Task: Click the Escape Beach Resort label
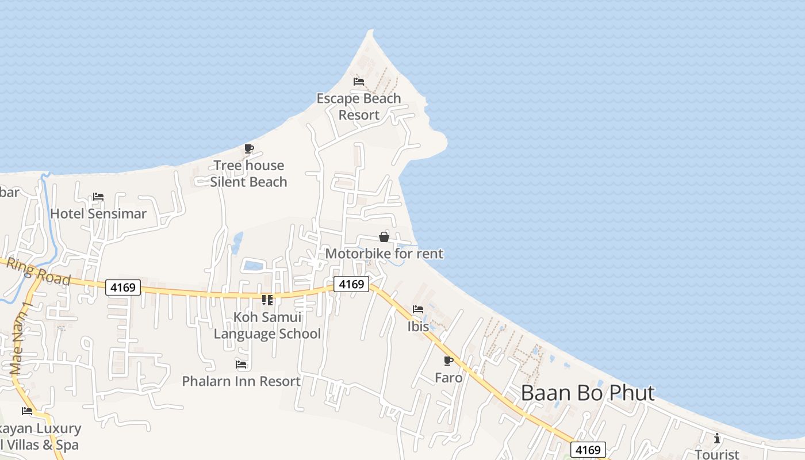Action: click(359, 107)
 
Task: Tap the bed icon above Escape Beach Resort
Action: click(359, 81)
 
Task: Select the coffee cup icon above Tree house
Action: click(248, 149)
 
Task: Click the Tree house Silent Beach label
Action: click(248, 174)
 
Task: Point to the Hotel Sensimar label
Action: click(98, 214)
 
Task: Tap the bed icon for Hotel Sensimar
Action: click(98, 197)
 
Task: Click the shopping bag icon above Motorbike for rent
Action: click(384, 237)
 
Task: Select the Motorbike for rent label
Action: click(384, 254)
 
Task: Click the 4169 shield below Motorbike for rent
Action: click(351, 284)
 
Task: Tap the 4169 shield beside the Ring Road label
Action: click(123, 287)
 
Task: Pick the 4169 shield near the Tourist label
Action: click(588, 450)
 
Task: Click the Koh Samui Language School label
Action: click(267, 325)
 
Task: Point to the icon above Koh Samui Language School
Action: click(267, 300)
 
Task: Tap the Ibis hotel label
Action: click(418, 327)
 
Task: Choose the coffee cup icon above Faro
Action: click(448, 361)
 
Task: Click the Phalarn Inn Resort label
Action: click(241, 381)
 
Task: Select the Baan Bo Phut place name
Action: click(588, 393)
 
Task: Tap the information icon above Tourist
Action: click(716, 439)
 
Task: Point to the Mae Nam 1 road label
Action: click(19, 339)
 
